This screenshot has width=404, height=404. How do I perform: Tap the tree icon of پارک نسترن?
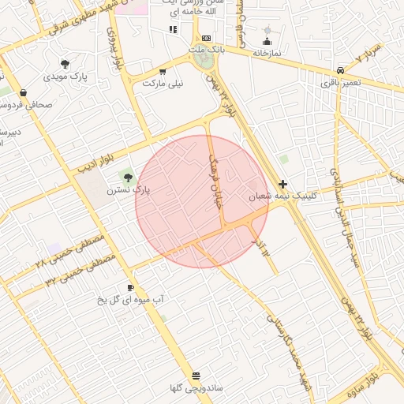click(128, 177)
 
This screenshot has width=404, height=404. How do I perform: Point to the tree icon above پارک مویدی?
click(65, 64)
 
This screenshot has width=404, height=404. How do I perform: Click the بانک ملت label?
click(208, 50)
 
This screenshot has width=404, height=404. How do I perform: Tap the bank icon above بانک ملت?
click(206, 38)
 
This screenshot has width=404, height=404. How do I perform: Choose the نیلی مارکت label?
click(163, 82)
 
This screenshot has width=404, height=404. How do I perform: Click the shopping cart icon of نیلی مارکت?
click(163, 70)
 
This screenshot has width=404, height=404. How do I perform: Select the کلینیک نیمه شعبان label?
click(282, 196)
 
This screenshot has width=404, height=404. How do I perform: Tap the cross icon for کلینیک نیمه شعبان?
click(283, 184)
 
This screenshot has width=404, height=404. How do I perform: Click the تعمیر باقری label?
click(341, 81)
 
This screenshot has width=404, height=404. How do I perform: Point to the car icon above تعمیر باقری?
click(340, 69)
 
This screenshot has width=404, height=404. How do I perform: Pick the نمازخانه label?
click(267, 53)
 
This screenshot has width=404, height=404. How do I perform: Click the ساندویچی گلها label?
click(196, 388)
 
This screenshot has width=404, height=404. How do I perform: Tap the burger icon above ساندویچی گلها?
click(196, 376)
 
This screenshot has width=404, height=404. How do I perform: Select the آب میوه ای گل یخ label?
click(130, 300)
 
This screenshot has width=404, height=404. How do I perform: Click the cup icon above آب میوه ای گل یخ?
click(130, 287)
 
